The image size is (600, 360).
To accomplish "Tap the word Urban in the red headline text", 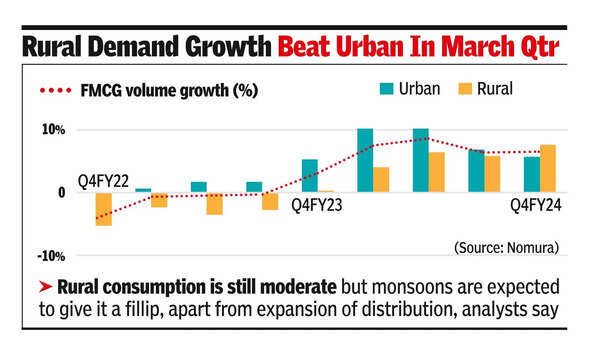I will [368, 47].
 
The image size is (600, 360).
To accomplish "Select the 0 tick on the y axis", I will [62, 191].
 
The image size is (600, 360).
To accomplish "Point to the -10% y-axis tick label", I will [51, 254].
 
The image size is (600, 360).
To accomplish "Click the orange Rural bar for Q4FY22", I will [103, 208].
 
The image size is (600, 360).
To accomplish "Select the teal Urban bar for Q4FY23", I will [310, 176].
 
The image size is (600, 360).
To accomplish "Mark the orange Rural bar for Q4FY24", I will [548, 168].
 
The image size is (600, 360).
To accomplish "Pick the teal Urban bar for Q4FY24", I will [532, 174].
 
